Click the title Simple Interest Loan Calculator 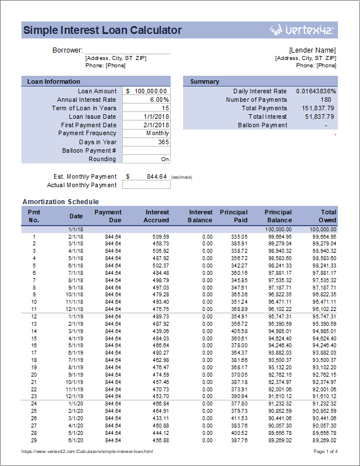[102, 31]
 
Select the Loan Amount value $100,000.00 [146, 91]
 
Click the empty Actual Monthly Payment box [146, 185]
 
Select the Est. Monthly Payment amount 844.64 [156, 176]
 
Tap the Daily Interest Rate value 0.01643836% [316, 91]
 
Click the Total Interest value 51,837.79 [319, 116]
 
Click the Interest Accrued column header [157, 216]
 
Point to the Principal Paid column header [233, 216]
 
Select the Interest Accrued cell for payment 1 [161, 236]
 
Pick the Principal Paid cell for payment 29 [240, 440]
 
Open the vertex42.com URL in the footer [87, 451]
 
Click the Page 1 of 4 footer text [325, 451]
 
